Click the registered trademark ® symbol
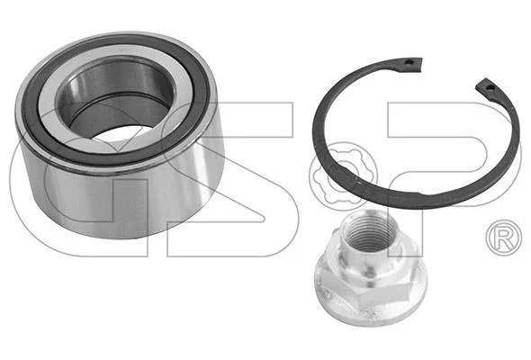coord(504,238)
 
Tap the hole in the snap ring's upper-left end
coord(410,63)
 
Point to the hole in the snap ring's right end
coord(490,87)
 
